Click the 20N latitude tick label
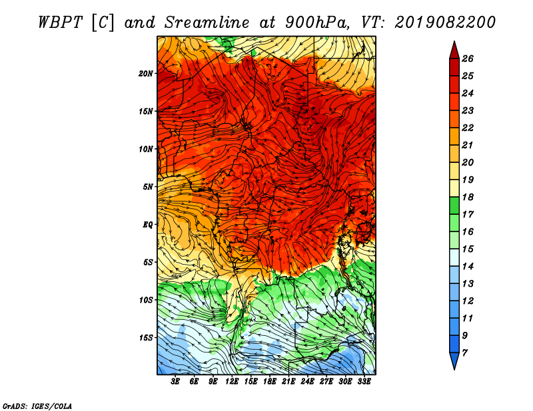coord(146,74)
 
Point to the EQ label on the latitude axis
coord(148,225)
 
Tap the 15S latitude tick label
coord(146,338)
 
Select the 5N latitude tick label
coord(148,187)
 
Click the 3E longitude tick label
coord(175,382)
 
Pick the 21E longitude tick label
coord(288,382)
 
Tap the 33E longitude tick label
coord(364,382)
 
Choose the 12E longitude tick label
coord(231,382)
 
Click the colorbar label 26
coord(468,59)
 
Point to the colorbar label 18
coord(468,197)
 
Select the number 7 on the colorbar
coord(464,353)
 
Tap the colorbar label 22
coord(468,128)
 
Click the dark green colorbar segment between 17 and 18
coord(454,205)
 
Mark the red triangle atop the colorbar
coord(454,51)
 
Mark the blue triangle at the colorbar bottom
coord(454,360)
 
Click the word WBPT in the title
coord(60,23)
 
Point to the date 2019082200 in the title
coord(445,23)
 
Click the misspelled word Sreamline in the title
coord(207,23)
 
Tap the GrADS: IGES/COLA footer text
coord(37,406)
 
